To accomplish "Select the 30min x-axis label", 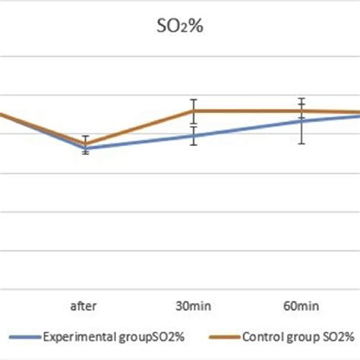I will pos(194,308).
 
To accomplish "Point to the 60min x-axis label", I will pos(302,308).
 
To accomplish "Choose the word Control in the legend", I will pos(261,336).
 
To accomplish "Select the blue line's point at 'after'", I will pos(86,149).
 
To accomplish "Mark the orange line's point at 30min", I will pos(194,111).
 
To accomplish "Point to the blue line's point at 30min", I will pos(194,136).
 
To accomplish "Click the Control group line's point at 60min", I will pos(302,111).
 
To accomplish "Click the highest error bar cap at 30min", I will pos(194,99).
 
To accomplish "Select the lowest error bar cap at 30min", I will pos(194,145).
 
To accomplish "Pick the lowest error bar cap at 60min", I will pos(302,144).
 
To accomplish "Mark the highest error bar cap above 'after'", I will pos(86,136).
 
